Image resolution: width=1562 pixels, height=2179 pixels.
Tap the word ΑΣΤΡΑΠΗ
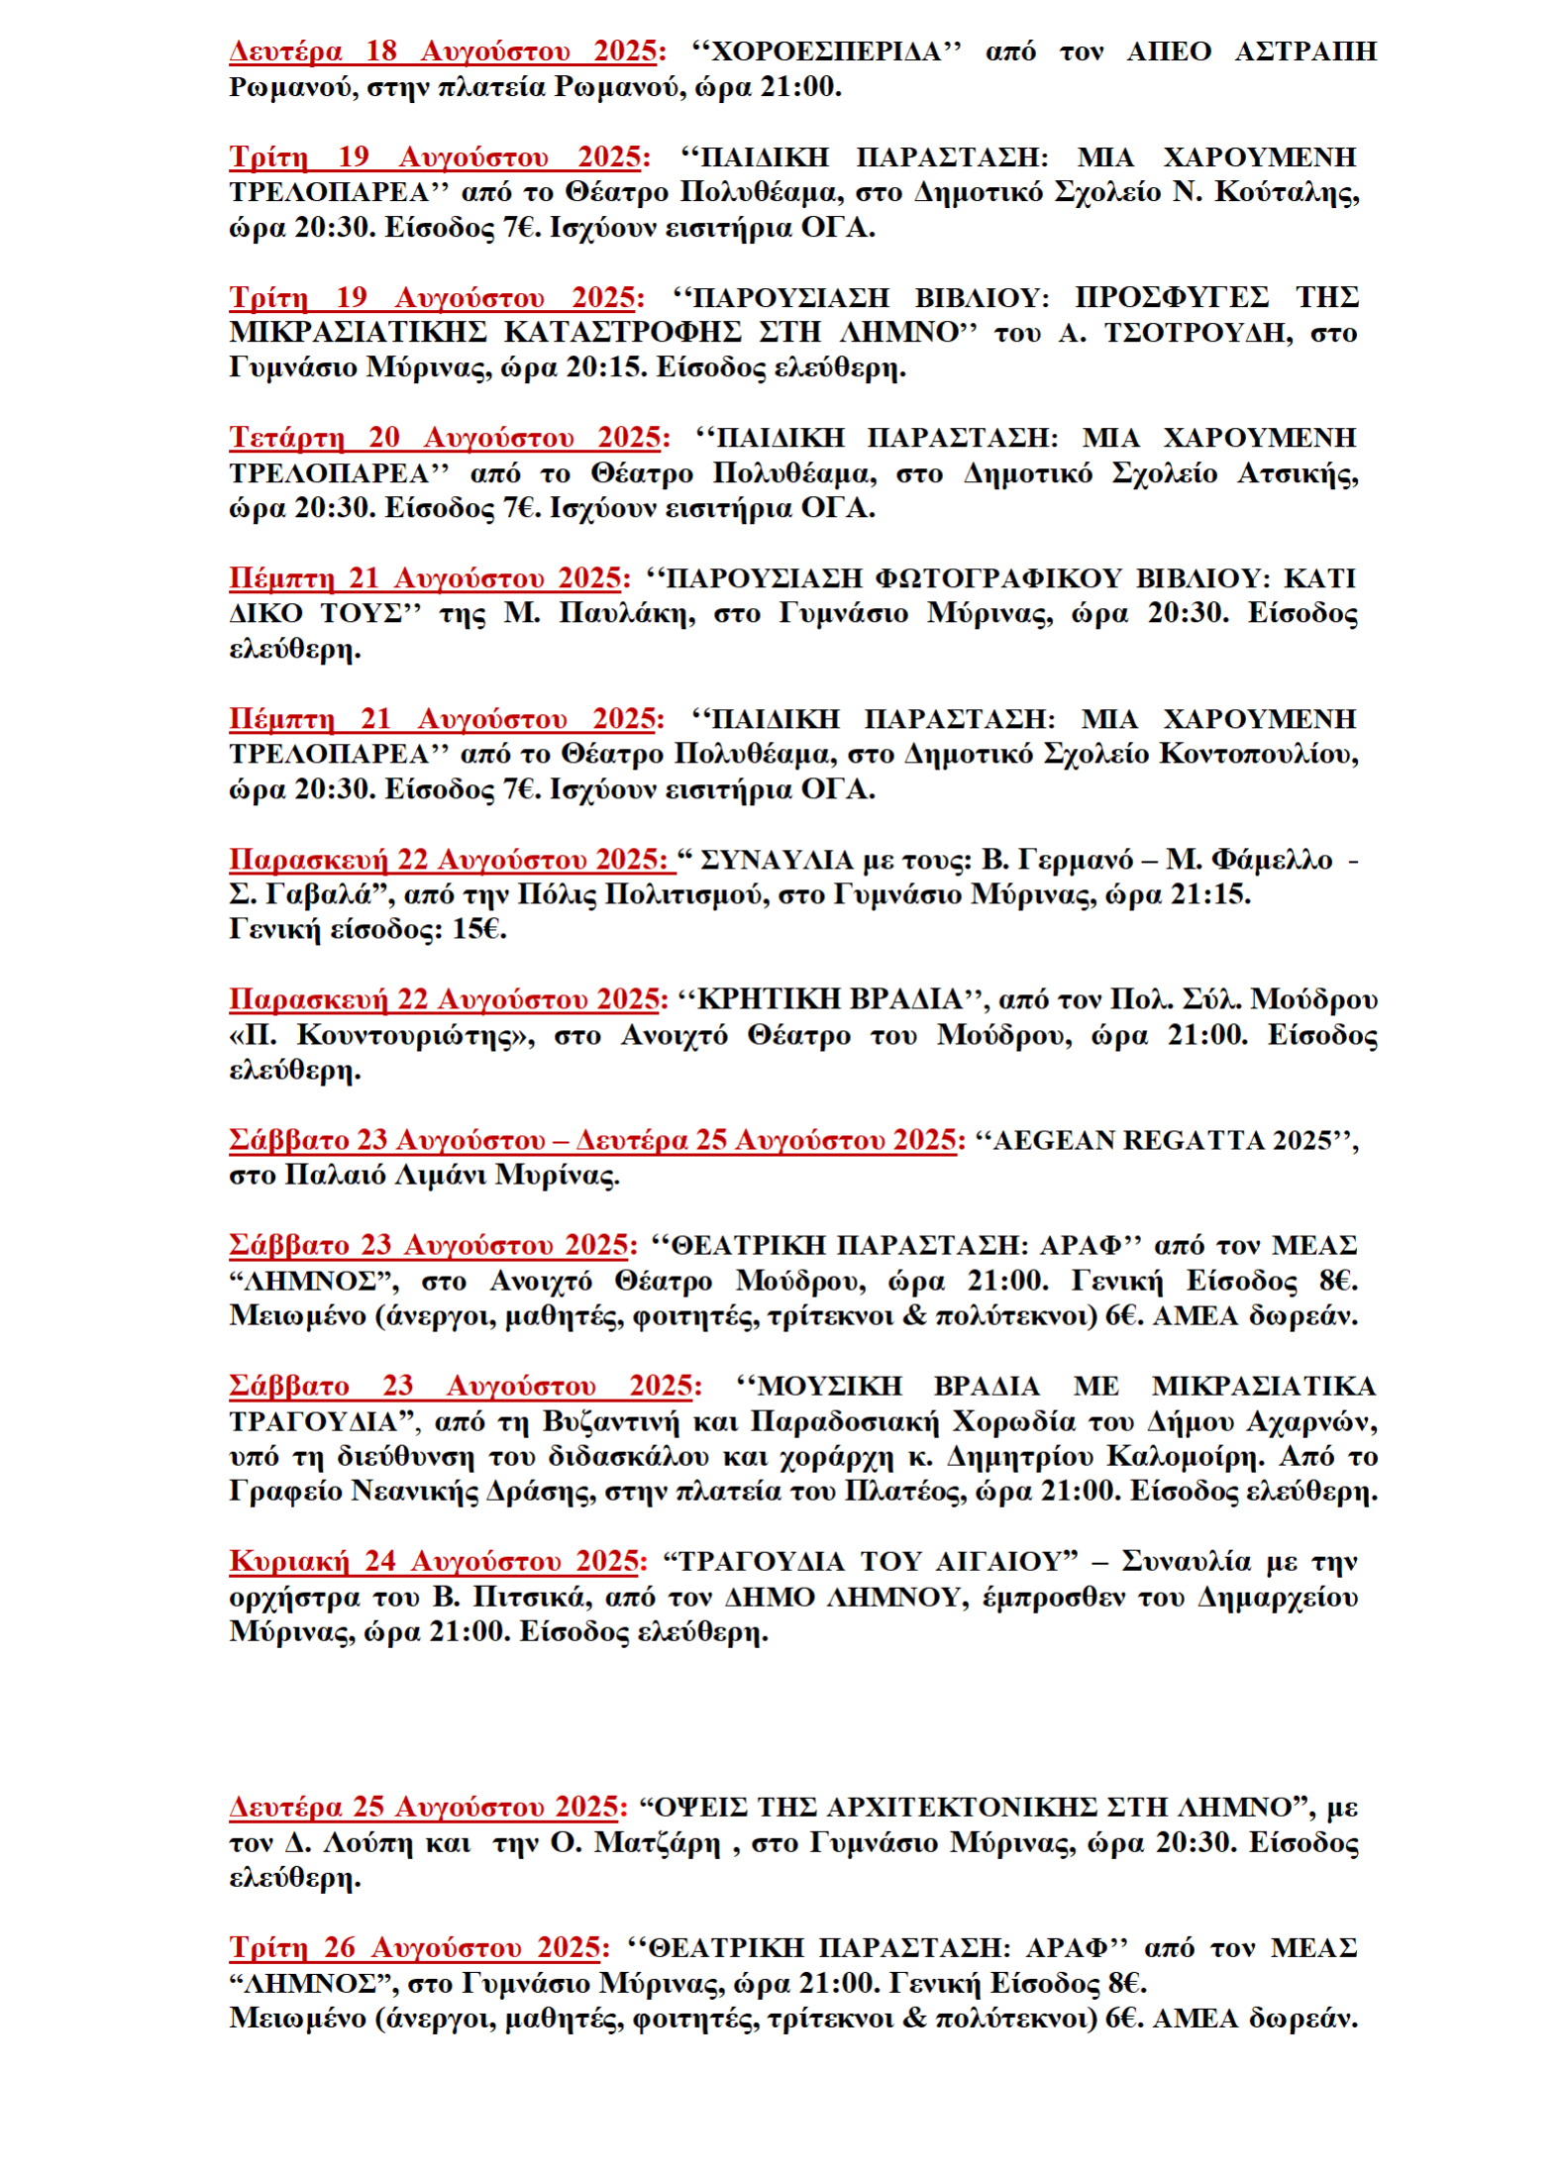click(x=1304, y=52)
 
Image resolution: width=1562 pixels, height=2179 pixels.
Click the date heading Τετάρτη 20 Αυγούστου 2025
click(x=447, y=438)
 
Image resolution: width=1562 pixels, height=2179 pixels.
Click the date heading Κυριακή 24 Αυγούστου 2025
click(x=435, y=1562)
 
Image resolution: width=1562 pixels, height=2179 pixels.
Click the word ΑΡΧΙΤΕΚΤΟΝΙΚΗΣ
click(x=961, y=1808)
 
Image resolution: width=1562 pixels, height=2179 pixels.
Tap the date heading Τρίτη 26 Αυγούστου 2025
click(x=415, y=1948)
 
